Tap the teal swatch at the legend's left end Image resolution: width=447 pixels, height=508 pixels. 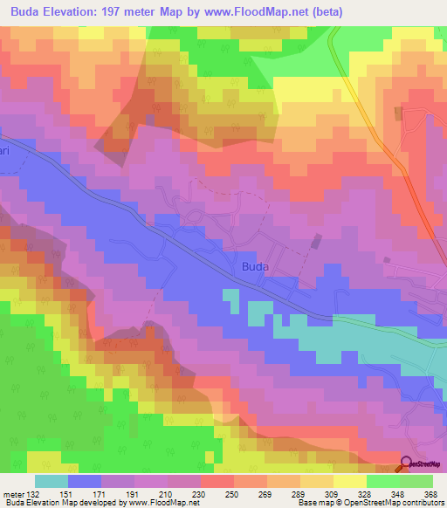tap(52, 481)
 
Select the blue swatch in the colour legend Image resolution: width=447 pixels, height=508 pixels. tap(85, 481)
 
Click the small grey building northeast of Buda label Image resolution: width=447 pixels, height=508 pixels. tap(317, 240)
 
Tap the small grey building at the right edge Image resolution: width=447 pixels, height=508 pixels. tap(387, 259)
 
